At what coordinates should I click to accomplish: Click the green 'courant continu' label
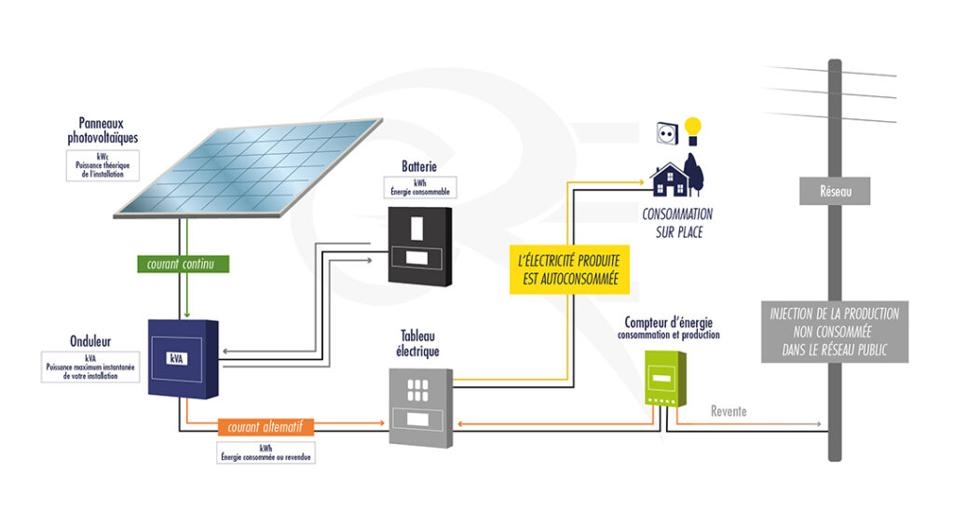(x=181, y=264)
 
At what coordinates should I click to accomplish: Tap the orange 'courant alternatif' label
(x=266, y=427)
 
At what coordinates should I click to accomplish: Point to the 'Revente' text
(x=729, y=411)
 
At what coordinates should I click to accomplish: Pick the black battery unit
(x=419, y=244)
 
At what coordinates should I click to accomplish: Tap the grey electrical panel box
(x=419, y=407)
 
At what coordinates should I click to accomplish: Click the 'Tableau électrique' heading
(x=419, y=343)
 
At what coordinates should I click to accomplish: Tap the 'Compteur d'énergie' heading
(x=670, y=322)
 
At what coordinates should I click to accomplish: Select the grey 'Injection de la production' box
(x=835, y=331)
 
